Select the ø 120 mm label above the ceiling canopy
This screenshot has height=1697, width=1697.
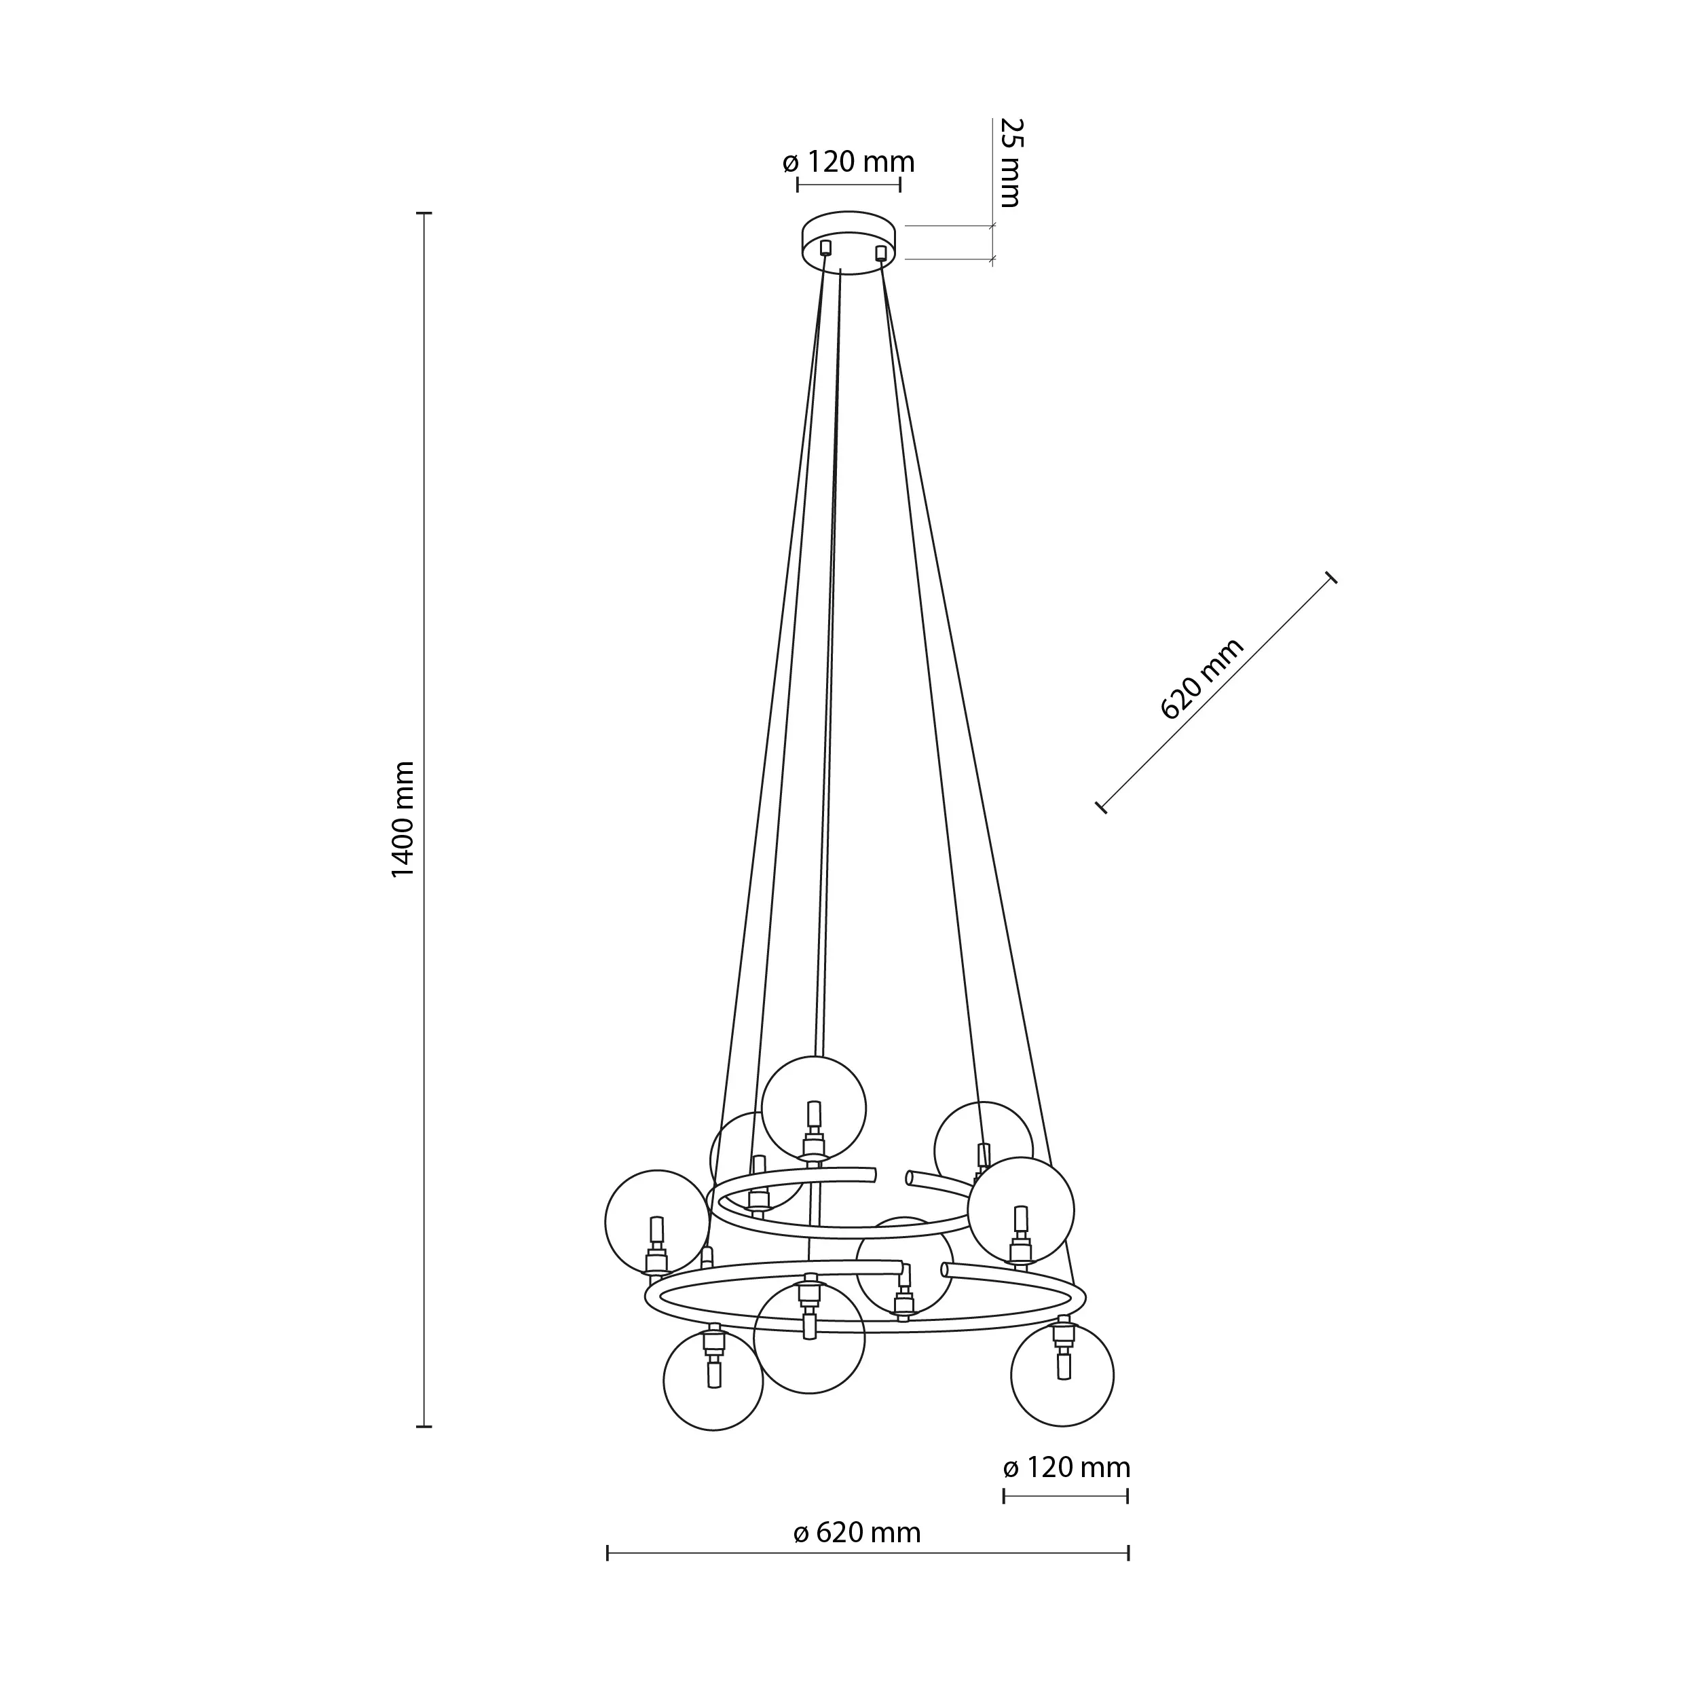click(x=848, y=162)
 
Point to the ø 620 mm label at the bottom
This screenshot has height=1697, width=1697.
click(x=857, y=1533)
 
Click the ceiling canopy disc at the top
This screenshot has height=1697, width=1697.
click(x=849, y=242)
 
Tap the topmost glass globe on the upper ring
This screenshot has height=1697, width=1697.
click(x=813, y=1108)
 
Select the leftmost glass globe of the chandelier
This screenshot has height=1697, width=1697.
click(x=657, y=1222)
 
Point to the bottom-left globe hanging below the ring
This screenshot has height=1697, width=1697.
click(x=713, y=1381)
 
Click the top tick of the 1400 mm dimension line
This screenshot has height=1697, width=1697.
click(x=424, y=213)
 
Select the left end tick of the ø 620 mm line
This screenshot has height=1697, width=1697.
click(x=608, y=1554)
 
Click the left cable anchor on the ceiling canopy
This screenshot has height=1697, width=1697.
click(x=825, y=248)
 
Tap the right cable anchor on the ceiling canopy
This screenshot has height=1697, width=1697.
click(x=881, y=253)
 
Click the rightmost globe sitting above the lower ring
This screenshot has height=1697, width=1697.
click(x=1021, y=1210)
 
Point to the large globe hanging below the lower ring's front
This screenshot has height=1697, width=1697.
click(x=809, y=1339)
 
